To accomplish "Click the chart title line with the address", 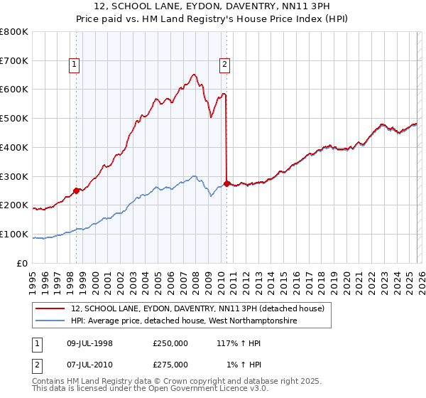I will click(212, 6).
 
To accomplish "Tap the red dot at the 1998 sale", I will click(76, 190).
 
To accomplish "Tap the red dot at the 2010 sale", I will click(226, 183).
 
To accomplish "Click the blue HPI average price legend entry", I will click(185, 321).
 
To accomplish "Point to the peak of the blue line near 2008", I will click(193, 176).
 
